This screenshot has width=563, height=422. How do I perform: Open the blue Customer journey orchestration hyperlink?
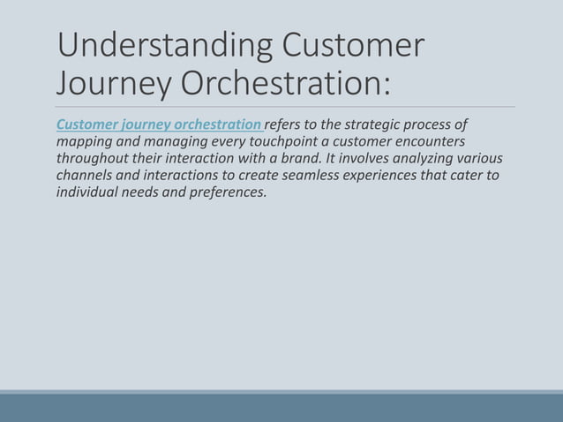pos(159,124)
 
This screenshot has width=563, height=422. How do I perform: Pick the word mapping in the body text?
pos(84,141)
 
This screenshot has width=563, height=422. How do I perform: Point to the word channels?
pos(85,175)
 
